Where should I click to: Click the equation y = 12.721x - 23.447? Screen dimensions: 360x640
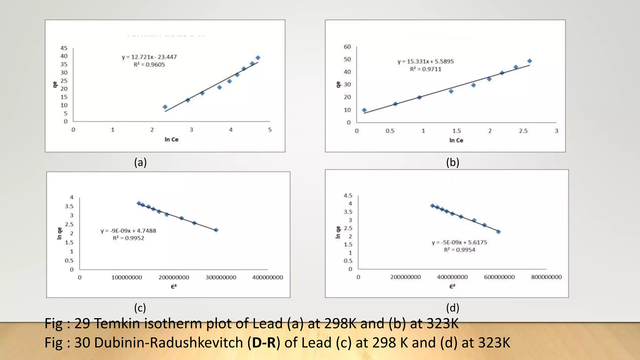click(149, 57)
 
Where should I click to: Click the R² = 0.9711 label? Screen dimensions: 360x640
click(426, 69)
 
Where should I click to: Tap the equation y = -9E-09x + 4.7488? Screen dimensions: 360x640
click(128, 231)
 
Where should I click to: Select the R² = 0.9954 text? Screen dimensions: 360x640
click(459, 250)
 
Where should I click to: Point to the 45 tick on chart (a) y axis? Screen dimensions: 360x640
click(64, 48)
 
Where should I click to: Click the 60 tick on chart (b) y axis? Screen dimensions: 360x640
click(347, 47)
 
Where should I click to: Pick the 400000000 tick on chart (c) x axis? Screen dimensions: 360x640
click(267, 277)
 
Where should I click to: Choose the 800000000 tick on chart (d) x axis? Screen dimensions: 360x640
click(546, 277)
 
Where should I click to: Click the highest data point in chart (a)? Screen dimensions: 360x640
click(258, 58)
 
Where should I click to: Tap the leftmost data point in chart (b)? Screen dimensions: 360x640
click(364, 110)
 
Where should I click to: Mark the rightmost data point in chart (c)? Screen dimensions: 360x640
click(216, 230)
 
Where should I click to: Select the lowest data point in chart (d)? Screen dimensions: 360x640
click(498, 232)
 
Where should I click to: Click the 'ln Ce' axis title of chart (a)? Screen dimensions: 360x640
click(171, 139)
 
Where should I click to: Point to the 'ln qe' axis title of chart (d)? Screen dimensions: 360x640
click(338, 232)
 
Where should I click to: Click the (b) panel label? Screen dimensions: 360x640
click(452, 162)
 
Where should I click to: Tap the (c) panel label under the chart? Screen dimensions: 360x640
click(140, 308)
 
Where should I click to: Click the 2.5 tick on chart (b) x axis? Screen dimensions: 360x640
click(523, 131)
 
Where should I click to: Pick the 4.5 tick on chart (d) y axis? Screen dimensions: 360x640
click(348, 196)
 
